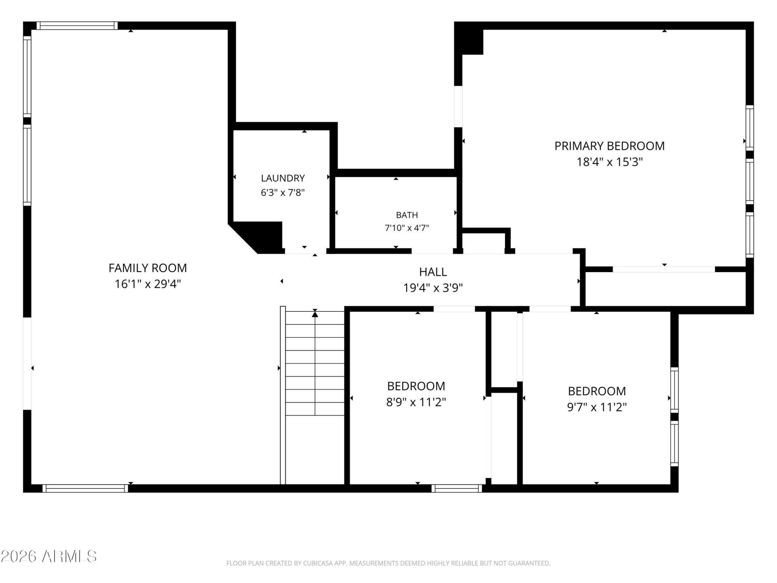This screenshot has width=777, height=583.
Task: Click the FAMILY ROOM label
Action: click(x=148, y=268)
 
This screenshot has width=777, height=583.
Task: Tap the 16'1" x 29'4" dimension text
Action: click(x=148, y=284)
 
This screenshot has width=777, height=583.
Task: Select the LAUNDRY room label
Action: click(x=283, y=178)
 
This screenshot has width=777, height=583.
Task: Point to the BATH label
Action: click(x=407, y=215)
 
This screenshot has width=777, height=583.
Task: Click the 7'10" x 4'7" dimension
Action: click(x=407, y=228)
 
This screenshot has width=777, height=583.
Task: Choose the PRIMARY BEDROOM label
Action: click(x=609, y=146)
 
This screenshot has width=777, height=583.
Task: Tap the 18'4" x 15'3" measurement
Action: click(x=609, y=162)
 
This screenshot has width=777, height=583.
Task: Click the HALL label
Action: click(x=433, y=272)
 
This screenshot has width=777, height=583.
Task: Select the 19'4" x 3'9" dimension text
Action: click(x=433, y=288)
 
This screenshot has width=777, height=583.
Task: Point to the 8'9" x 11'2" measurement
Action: click(x=416, y=402)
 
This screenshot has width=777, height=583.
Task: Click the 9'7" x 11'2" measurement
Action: click(x=597, y=407)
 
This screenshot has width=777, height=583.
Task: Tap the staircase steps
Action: click(x=315, y=363)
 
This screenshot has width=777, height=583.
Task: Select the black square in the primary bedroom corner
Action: click(x=469, y=39)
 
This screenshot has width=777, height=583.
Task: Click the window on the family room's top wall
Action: click(x=77, y=26)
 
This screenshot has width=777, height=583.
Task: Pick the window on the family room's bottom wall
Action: click(x=85, y=488)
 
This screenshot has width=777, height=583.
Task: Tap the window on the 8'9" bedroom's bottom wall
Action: click(x=456, y=488)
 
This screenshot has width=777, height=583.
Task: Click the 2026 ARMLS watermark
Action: click(x=49, y=556)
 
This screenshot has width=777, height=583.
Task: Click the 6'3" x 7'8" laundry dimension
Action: click(x=283, y=192)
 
